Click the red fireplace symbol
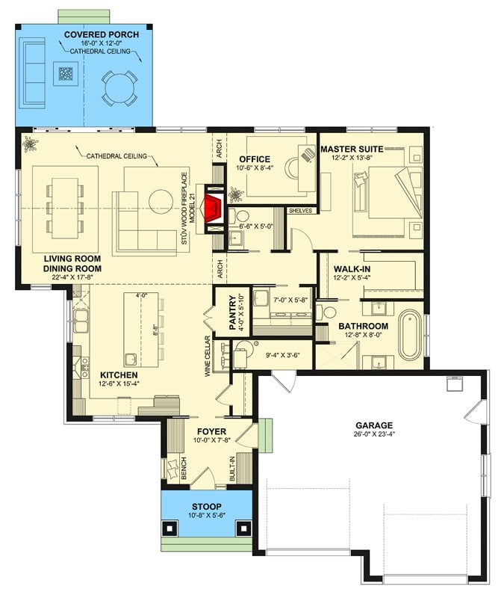[214, 208]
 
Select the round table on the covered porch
[119, 87]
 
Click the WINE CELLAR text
[208, 356]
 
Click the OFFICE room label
[254, 159]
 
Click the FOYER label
[211, 431]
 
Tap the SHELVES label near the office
[300, 211]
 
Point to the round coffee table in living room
[161, 202]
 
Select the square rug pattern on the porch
[66, 73]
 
